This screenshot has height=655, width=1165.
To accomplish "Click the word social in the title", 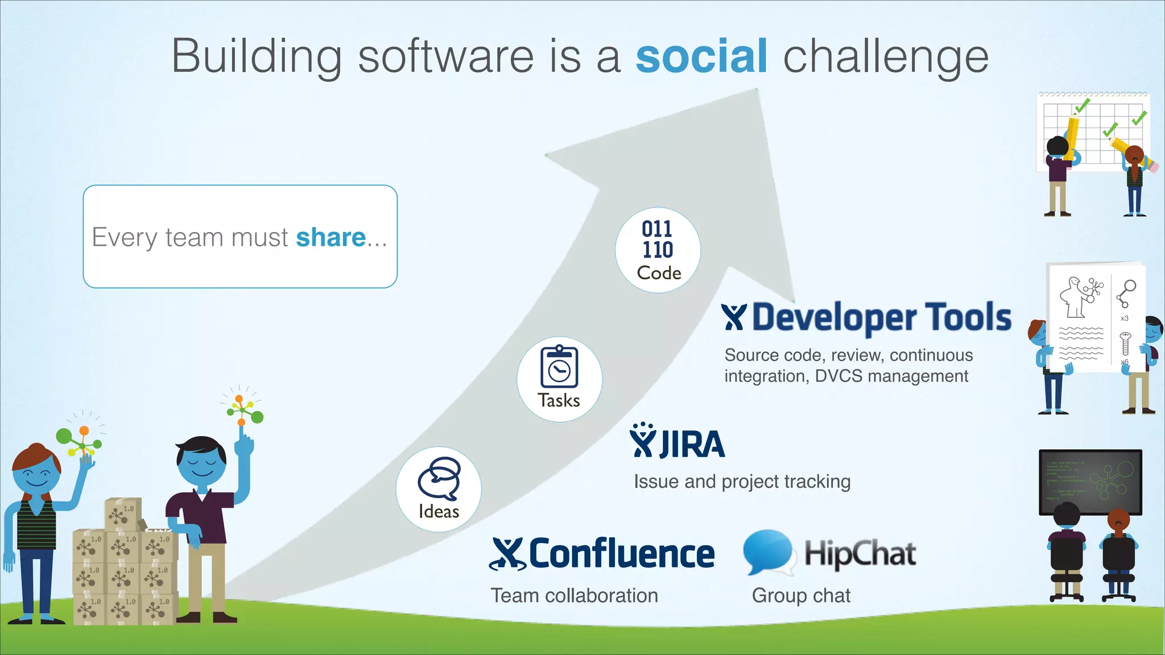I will (701, 56).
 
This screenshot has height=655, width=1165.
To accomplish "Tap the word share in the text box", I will (331, 237).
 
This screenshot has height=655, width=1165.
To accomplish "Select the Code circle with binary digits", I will (658, 250).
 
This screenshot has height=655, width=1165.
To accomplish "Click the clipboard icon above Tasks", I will (559, 367).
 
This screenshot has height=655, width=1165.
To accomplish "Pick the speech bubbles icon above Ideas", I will (439, 478).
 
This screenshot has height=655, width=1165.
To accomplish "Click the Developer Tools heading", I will (881, 317).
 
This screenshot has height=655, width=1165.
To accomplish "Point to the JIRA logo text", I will (692, 445).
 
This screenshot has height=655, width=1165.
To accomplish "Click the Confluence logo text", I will (621, 554).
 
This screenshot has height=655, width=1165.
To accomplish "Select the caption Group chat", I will (801, 595).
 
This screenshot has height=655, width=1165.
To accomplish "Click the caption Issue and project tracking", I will (742, 482).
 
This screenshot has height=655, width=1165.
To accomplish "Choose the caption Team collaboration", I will (574, 595).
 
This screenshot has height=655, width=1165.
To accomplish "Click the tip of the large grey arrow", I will (757, 91).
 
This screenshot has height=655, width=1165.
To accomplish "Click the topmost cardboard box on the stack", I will (123, 514).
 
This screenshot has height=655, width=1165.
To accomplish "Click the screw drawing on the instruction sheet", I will (1125, 344).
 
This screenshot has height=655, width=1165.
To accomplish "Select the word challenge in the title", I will (886, 56).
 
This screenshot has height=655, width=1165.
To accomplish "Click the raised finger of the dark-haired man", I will (242, 430).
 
